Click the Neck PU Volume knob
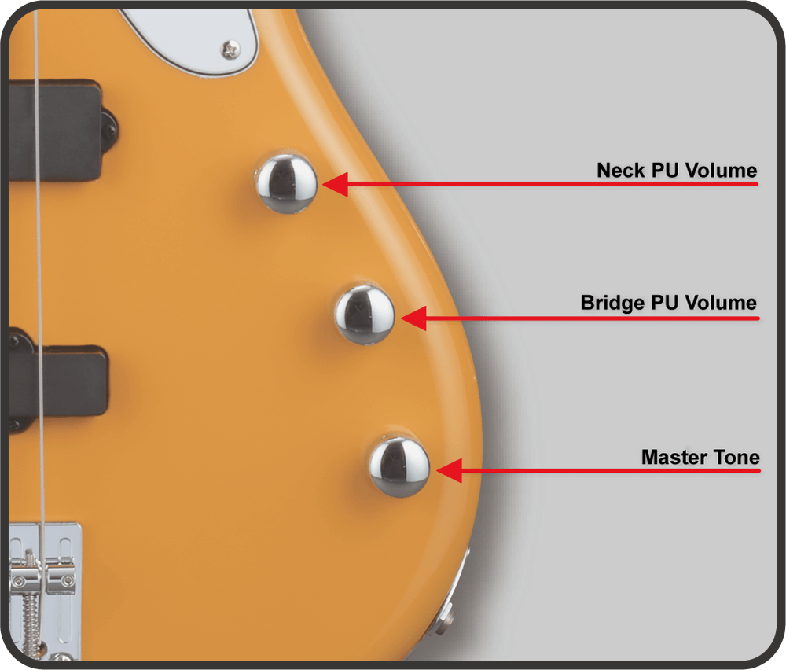287,183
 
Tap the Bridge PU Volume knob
365,315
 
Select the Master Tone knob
399,467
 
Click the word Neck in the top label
620,171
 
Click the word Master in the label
674,458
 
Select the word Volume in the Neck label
721,171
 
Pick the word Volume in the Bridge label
721,303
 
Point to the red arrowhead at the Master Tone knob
449,470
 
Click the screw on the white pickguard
230,50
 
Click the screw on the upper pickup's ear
110,131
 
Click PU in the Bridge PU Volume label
665,303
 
